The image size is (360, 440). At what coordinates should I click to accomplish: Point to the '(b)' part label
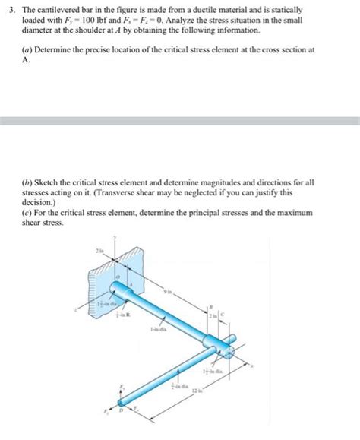click(27, 184)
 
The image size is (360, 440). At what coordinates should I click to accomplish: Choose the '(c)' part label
click(27, 214)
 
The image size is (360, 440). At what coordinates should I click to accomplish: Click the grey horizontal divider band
click(180, 120)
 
